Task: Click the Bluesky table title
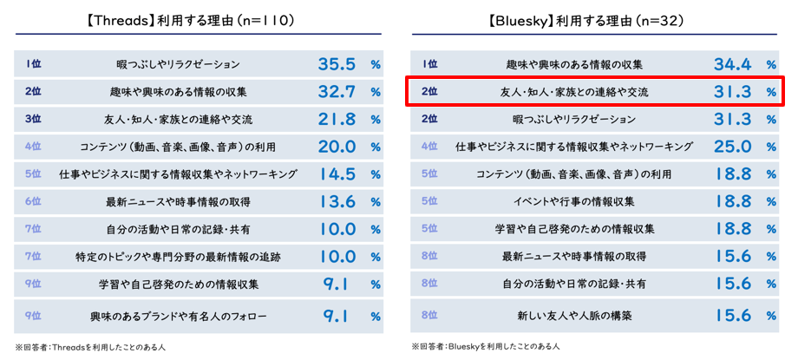598,17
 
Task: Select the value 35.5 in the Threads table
337,64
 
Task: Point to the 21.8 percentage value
337,120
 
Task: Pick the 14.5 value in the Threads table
337,174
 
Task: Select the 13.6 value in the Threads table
337,202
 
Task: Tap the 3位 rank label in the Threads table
34,119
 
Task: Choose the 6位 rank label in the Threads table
34,201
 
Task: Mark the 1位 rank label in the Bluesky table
429,64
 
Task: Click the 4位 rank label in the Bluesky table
429,147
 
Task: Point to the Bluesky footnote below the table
486,347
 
